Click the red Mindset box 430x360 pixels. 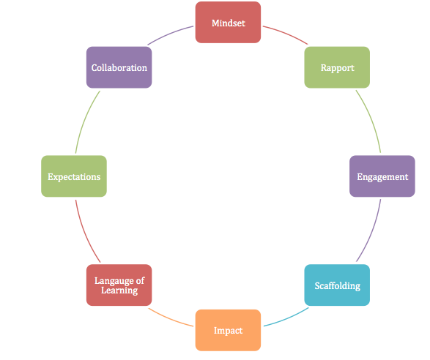pyautogui.click(x=228, y=23)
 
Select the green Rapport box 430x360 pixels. pyautogui.click(x=337, y=67)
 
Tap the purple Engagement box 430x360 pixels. pyautogui.click(x=382, y=176)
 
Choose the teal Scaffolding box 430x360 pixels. pyautogui.click(x=337, y=285)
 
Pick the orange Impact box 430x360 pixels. pyautogui.click(x=228, y=330)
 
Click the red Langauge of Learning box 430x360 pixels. pyautogui.click(x=119, y=285)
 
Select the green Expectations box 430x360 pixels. pyautogui.click(x=74, y=176)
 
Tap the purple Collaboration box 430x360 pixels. pyautogui.click(x=119, y=67)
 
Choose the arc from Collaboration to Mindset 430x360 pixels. pyautogui.click(x=173, y=34)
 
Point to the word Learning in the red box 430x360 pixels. pyautogui.click(x=119, y=290)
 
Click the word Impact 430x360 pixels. pyautogui.click(x=228, y=330)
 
